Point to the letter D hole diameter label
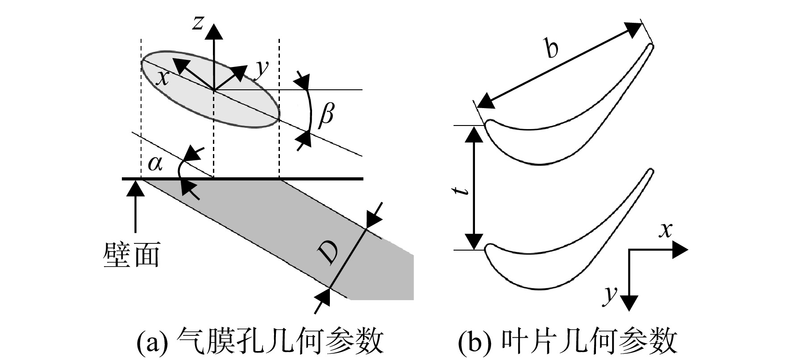[329, 254]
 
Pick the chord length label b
[552, 49]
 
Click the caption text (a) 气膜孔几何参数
[260, 342]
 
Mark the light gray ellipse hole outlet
[210, 91]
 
